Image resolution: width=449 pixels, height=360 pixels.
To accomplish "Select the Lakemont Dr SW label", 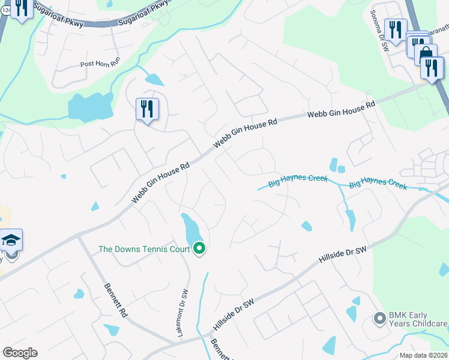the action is tap(185, 313).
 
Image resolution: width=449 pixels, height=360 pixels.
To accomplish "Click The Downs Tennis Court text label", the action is tap(143, 249).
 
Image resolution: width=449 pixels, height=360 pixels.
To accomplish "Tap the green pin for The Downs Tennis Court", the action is tap(199, 248).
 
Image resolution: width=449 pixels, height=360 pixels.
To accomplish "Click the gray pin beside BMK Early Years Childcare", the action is tap(379, 318).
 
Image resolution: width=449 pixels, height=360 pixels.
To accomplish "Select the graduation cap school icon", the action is tap(11, 241).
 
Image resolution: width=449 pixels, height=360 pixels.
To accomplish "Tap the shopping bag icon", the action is tap(426, 55).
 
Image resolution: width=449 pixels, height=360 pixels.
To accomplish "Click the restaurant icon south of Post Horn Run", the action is tap(147, 109).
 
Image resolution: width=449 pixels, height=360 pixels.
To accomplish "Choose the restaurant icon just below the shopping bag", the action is tap(432, 68).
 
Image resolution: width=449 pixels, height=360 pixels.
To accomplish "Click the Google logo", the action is tap(20, 353).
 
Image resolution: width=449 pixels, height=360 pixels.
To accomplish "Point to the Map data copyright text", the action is tap(423, 355).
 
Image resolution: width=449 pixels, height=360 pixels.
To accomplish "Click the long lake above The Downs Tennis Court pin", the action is tap(192, 230).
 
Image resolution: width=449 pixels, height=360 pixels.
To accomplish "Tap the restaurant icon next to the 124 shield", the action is tap(22, 8).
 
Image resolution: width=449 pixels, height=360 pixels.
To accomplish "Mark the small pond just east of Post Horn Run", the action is tap(154, 79).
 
